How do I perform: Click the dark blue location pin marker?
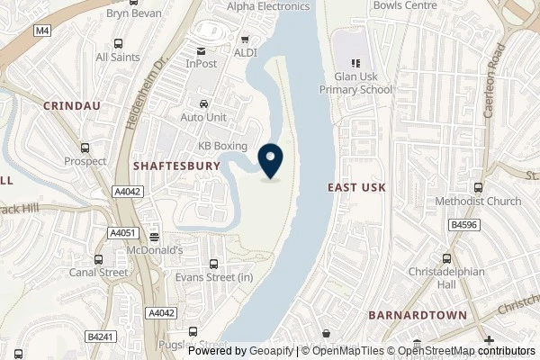coord(270,160)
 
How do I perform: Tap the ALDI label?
coord(247,53)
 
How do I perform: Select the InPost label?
coord(202,64)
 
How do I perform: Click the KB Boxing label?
coord(222,146)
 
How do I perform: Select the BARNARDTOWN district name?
coord(417,315)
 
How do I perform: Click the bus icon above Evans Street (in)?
coord(213,264)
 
